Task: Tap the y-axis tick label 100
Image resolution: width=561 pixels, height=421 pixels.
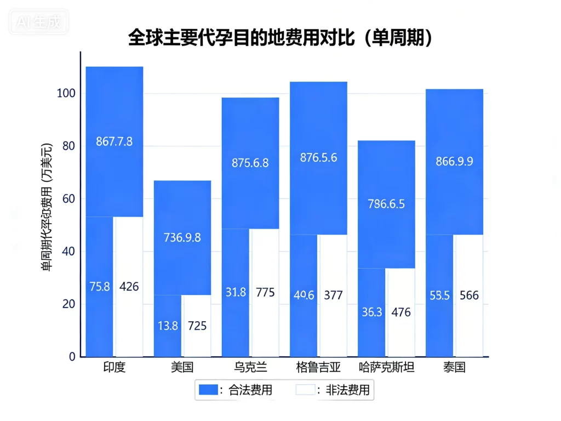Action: click(66, 94)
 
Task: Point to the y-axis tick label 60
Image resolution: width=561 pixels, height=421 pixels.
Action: click(69, 199)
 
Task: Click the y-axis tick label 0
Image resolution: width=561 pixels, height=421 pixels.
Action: click(72, 357)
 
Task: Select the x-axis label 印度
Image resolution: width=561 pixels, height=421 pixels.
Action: click(114, 367)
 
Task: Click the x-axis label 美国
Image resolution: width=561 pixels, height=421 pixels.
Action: click(182, 367)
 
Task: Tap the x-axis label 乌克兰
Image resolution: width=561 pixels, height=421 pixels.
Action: click(250, 367)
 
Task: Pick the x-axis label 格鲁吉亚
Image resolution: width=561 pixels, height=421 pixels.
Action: click(318, 367)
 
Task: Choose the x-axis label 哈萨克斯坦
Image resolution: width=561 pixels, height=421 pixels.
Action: click(386, 367)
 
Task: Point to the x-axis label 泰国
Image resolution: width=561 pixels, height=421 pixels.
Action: click(454, 367)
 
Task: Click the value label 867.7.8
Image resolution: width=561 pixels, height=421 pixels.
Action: click(114, 141)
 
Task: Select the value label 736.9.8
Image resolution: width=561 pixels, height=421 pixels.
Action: click(182, 237)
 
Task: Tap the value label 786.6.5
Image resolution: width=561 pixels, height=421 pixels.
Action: click(386, 204)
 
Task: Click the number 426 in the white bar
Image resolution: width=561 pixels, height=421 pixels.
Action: click(129, 286)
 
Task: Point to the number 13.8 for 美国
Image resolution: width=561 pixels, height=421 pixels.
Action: click(168, 326)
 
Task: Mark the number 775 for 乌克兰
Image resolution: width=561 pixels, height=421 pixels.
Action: click(265, 292)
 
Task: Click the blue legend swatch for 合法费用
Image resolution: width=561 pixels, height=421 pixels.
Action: click(208, 390)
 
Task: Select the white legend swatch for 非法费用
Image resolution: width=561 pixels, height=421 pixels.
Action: click(306, 390)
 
